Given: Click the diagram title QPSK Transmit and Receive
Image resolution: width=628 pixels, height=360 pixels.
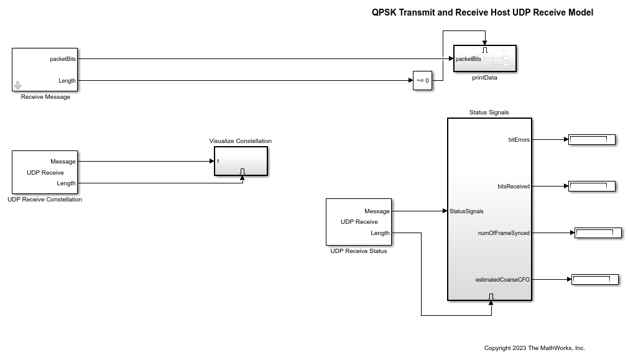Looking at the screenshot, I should click(482, 12).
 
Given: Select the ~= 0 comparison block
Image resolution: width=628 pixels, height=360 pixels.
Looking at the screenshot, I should click(422, 81).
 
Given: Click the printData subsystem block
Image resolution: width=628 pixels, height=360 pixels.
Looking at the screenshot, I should click(485, 59).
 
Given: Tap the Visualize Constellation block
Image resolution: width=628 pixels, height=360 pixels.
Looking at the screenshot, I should click(241, 161).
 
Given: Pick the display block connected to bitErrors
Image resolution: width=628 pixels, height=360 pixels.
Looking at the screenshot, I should click(591, 140).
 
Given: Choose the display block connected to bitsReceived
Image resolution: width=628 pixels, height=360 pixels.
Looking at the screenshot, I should click(591, 186).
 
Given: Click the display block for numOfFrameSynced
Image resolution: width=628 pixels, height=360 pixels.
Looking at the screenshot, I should click(598, 233).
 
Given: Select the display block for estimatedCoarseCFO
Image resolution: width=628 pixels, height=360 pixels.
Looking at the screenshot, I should click(594, 280).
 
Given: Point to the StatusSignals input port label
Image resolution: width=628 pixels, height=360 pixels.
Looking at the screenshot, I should click(466, 211).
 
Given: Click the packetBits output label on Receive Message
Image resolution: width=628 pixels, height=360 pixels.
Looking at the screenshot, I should click(63, 59).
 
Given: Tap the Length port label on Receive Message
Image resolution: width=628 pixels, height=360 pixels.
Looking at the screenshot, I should click(67, 81).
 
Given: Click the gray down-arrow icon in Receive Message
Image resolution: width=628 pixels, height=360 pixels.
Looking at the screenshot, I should click(17, 86).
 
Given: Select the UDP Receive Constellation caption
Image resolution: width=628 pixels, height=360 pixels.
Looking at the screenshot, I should click(45, 200).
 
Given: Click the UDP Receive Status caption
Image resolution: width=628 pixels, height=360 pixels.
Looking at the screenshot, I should click(359, 251).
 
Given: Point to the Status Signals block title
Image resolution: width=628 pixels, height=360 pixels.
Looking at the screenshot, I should click(489, 113).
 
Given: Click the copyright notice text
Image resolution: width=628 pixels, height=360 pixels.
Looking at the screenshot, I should click(535, 348).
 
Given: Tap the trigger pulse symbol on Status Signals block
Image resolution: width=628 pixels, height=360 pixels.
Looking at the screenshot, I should click(491, 296).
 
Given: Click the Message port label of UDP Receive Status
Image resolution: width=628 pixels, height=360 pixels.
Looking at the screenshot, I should click(377, 211).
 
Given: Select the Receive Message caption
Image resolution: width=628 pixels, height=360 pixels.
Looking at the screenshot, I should click(45, 97).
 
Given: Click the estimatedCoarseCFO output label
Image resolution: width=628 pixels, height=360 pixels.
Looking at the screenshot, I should click(502, 280).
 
